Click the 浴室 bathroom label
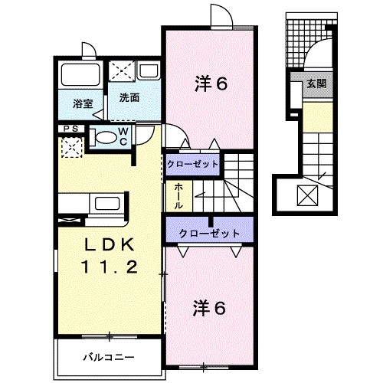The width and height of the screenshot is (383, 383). pyautogui.click(x=82, y=102)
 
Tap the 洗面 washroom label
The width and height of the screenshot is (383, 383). pyautogui.click(x=129, y=98)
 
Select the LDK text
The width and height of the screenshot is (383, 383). pyautogui.click(x=109, y=245)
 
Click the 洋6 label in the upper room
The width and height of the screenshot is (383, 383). pyautogui.click(x=211, y=85)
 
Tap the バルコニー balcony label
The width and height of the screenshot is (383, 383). pyautogui.click(x=109, y=358)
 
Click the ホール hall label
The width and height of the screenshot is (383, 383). pyautogui.click(x=178, y=191)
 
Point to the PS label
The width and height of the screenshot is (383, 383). pyautogui.click(x=69, y=129)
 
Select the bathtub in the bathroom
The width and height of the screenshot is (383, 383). pyautogui.click(x=80, y=76)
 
